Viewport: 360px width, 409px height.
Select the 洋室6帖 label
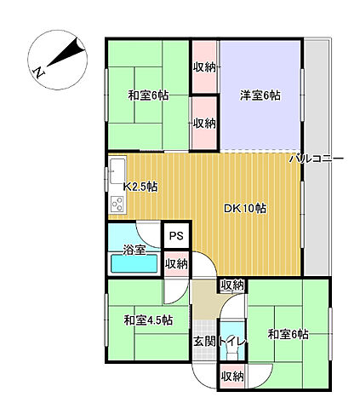(260, 95)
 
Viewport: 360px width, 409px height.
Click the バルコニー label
(315, 158)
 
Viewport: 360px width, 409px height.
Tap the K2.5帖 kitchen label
(140, 187)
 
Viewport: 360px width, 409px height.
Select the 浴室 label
(134, 251)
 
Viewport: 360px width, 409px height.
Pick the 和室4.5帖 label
(148, 320)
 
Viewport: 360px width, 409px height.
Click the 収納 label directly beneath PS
(176, 263)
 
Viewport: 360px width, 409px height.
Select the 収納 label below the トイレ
(231, 376)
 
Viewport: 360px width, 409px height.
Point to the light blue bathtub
(134, 264)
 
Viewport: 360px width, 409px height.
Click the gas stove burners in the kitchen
(117, 204)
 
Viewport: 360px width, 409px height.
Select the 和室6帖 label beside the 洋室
(149, 95)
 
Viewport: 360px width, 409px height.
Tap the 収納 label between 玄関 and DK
(231, 285)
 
